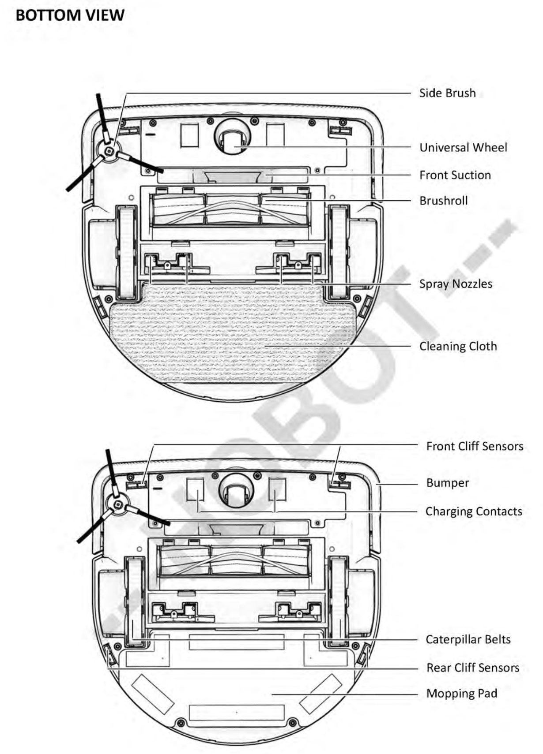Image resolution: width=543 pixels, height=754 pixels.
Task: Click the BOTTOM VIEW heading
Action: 70,15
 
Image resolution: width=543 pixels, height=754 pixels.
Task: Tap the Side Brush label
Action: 447,93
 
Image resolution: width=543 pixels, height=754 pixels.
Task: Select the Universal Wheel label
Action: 463,147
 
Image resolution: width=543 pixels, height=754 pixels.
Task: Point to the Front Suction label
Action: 455,175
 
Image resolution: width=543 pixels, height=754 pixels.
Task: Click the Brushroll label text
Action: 443,201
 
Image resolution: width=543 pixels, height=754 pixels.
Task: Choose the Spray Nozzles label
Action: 456,284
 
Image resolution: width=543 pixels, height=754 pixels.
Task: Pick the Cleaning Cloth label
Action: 458,346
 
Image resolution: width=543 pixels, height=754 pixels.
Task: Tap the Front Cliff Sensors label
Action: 475,446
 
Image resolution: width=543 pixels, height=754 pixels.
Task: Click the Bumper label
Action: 448,483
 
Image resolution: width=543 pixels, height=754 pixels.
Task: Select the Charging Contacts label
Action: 474,511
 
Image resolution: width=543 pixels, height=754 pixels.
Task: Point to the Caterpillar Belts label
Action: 468,639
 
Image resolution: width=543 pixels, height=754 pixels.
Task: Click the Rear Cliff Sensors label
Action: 472,668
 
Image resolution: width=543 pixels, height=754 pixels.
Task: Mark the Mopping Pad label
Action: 462,693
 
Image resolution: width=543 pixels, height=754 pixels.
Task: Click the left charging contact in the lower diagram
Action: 195,489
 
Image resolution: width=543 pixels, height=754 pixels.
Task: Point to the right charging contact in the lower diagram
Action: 277,489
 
